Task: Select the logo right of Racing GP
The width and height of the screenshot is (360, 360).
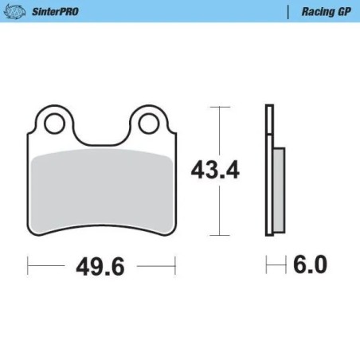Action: click(x=350, y=11)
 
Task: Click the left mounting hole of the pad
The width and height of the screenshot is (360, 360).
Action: click(x=54, y=123)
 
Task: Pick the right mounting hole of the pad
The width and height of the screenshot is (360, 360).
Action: click(x=149, y=123)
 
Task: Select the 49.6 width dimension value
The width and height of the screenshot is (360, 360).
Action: click(x=101, y=265)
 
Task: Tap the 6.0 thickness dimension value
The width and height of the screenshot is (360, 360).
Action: click(x=311, y=264)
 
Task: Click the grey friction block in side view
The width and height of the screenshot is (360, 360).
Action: click(x=278, y=189)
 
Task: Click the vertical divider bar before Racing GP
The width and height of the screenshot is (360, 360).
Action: click(x=287, y=11)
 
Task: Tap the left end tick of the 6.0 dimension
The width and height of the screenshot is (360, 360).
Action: click(x=266, y=264)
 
